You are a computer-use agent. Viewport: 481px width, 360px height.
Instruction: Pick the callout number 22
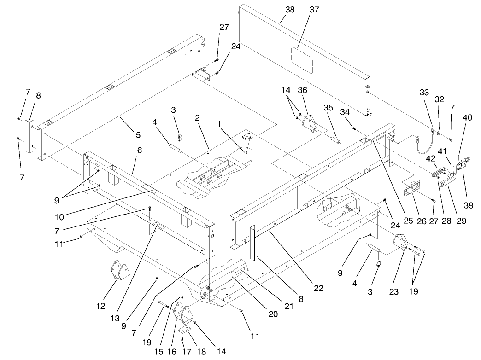(x=318, y=288)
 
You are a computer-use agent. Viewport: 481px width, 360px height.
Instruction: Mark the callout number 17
(x=183, y=352)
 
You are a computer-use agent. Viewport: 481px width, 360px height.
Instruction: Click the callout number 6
(x=139, y=151)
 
